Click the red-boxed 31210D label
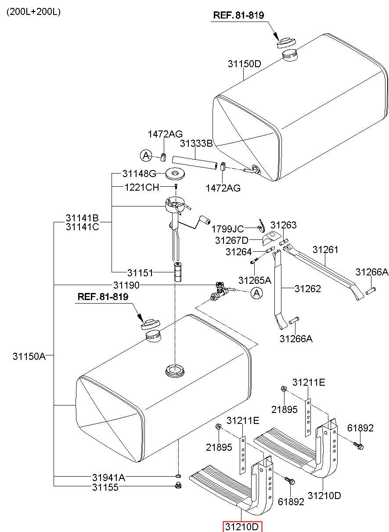[242, 527]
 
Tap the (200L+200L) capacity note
[33, 11]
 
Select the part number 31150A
[29, 356]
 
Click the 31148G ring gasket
[175, 174]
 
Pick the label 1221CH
[142, 188]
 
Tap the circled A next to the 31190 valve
[256, 293]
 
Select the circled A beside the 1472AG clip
[146, 156]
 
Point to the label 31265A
[254, 280]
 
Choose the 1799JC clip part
[262, 226]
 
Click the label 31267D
[231, 240]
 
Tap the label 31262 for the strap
[308, 289]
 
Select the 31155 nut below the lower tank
[178, 485]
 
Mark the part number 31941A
[108, 477]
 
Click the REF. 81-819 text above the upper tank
[238, 15]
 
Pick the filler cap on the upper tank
[286, 43]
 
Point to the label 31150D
[244, 64]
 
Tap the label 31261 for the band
[325, 250]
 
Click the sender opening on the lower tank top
[175, 370]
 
